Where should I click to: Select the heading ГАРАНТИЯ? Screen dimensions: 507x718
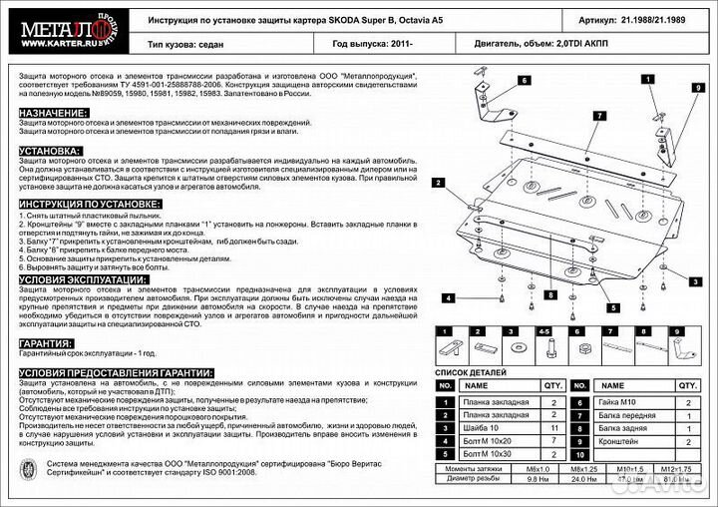[x=48, y=342]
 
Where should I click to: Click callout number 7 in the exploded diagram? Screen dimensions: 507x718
[x=599, y=116]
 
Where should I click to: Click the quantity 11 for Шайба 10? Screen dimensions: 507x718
[x=552, y=428]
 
